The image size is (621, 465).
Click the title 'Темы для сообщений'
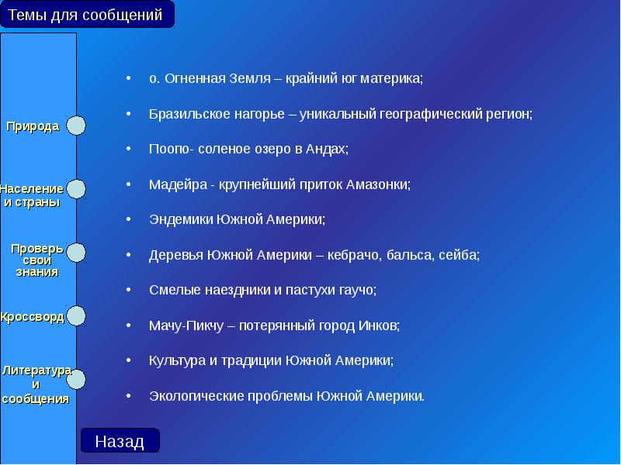86,15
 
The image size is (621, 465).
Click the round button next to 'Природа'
75,126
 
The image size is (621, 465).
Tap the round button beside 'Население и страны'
75,188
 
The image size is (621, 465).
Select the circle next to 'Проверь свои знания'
75,253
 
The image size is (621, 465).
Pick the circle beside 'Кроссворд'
75,316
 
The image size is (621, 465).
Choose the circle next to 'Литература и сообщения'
75,379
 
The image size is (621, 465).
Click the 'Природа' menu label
33,126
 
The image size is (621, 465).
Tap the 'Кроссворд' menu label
32,317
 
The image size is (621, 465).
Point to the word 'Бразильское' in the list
182,114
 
